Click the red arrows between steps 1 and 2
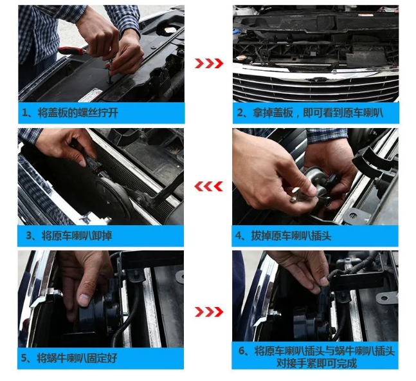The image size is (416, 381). point(209,64)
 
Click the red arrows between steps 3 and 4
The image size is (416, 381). point(208,187)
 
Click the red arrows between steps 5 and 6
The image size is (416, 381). point(209,312)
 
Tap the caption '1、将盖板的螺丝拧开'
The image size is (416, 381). point(70,113)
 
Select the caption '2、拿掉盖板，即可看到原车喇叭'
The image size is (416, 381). point(310,113)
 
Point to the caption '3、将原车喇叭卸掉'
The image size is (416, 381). point(69,236)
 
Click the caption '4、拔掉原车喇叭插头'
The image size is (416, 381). point(284,236)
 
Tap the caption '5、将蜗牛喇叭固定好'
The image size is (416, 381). point(69,358)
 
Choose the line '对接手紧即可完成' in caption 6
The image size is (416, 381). point(316,363)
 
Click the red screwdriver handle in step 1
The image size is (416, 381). point(71,51)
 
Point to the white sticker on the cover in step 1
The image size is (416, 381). point(91,96)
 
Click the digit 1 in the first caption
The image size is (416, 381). point(24,113)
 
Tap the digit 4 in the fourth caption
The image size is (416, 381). point(238,236)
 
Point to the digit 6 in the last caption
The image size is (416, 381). point(242,351)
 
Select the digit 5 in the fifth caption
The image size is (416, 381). point(24,358)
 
